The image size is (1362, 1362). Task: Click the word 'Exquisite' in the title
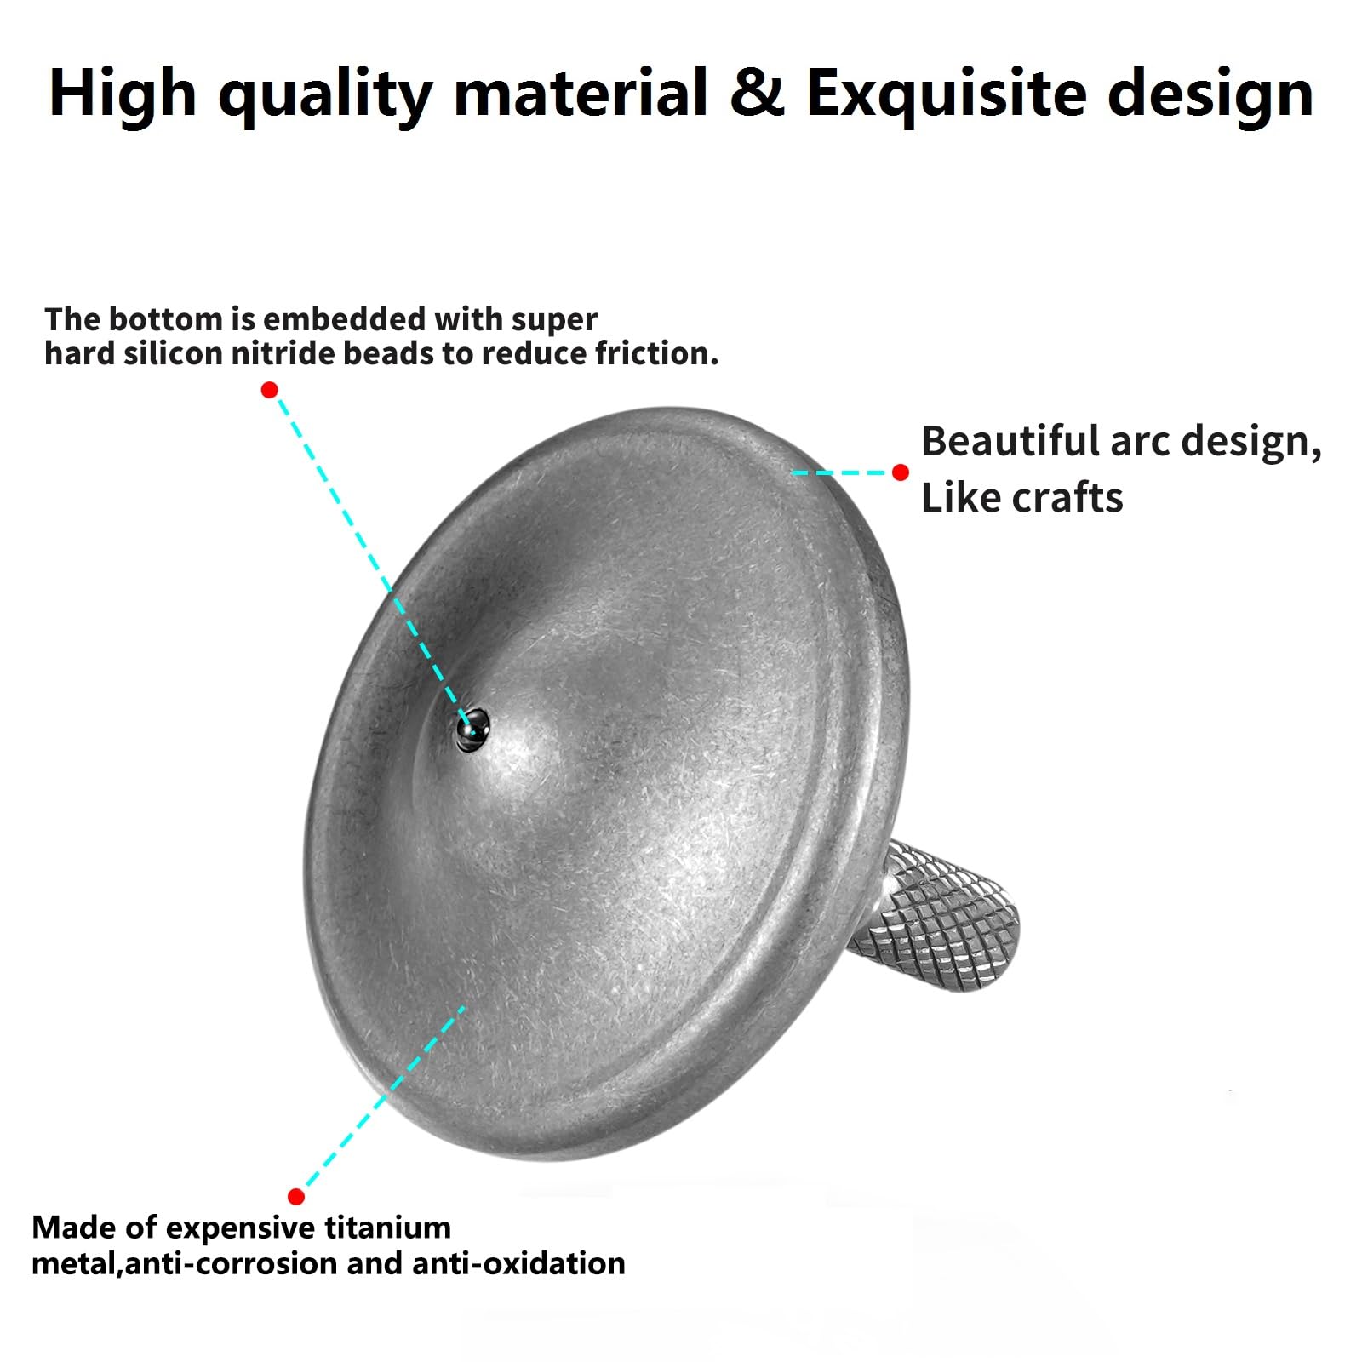pos(945,94)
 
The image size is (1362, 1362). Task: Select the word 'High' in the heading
pos(123,94)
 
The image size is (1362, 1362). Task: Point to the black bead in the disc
pos(472,730)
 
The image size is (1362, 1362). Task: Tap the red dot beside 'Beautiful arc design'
pos(901,472)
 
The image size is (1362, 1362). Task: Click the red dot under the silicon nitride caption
pos(270,390)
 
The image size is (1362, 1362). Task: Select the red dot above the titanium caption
pos(296,1197)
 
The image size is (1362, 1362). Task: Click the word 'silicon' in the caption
pos(174,353)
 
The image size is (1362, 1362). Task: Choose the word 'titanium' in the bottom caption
pos(388,1228)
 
